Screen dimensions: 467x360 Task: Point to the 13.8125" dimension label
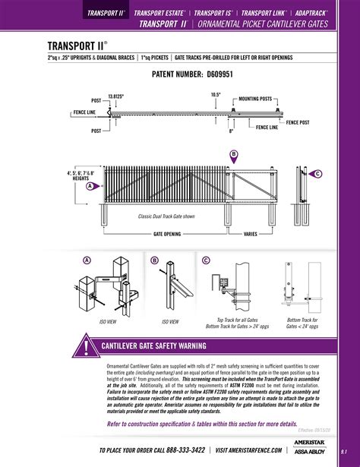click(115, 96)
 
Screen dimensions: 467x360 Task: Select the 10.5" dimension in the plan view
click(216, 94)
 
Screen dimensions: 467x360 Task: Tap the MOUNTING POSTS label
click(255, 99)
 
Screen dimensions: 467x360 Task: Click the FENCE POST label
click(297, 122)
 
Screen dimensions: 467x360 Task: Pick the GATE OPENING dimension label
click(167, 235)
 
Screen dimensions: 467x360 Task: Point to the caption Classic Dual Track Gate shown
click(166, 216)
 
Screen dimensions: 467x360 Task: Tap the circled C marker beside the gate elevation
click(318, 174)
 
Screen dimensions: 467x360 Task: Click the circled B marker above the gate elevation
click(234, 154)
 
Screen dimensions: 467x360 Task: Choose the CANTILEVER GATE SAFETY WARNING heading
click(154, 346)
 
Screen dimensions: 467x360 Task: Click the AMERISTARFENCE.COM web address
click(247, 450)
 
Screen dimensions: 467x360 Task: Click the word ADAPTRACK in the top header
click(312, 14)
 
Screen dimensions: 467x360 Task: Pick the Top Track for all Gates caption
click(239, 320)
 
